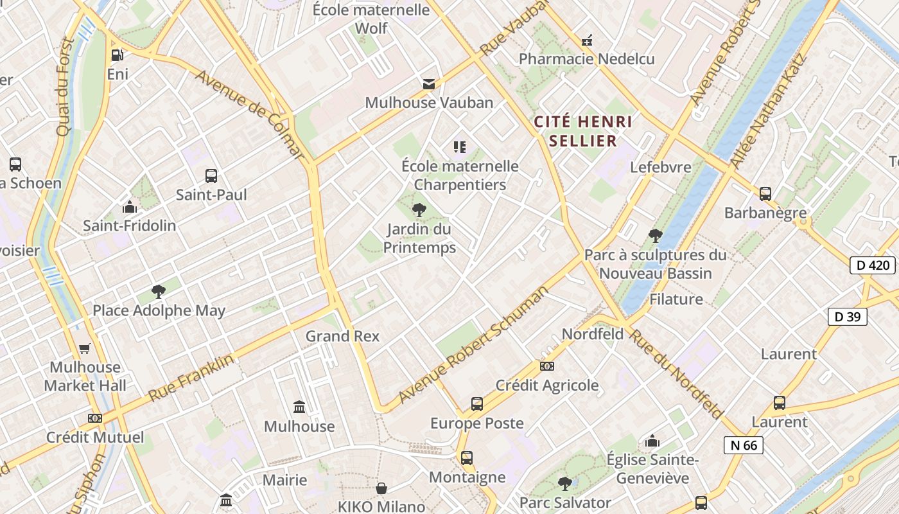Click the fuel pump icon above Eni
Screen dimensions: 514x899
117,56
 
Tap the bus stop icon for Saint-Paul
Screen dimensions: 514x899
211,175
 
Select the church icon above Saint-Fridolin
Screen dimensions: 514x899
130,207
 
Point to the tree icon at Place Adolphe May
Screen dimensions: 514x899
159,292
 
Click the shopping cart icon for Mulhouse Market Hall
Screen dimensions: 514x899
85,349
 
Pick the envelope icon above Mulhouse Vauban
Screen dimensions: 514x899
428,84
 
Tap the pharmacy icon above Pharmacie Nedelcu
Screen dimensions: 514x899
586,41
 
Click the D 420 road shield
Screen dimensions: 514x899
872,265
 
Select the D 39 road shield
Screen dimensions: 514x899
847,316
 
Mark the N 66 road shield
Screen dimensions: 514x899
744,445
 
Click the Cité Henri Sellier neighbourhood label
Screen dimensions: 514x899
583,131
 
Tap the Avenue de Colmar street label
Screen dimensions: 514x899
249,114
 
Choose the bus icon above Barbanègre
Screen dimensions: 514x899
765,193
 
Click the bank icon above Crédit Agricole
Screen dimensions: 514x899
547,366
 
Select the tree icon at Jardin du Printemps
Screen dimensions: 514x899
419,209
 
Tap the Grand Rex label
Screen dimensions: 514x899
342,336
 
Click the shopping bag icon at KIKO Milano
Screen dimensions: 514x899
381,489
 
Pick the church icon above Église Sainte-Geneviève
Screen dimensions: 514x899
652,441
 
